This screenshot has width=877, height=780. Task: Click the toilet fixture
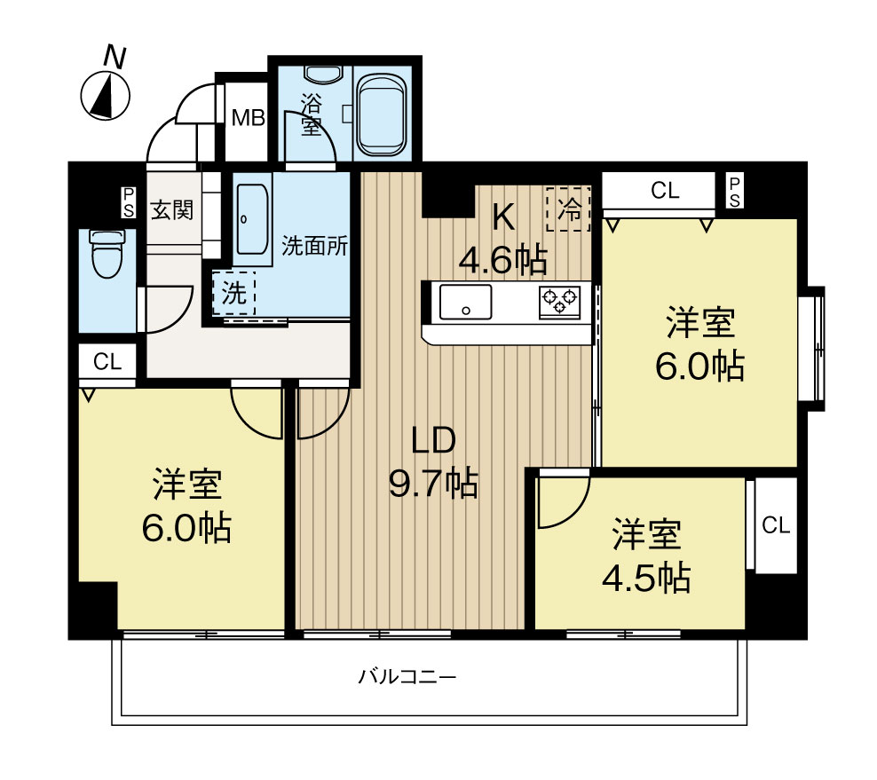(x=107, y=254)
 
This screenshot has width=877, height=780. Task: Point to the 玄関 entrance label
(x=171, y=210)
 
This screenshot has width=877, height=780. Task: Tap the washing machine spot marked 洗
(x=233, y=294)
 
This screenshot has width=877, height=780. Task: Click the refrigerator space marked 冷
(x=568, y=209)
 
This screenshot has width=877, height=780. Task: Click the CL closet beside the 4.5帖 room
(x=775, y=525)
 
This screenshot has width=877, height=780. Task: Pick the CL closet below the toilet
(x=107, y=362)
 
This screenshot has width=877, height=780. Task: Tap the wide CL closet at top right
(x=664, y=190)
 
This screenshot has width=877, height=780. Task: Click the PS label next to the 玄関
(x=129, y=201)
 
